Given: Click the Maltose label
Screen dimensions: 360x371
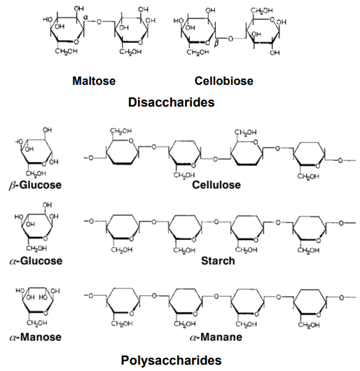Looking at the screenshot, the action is point(94,81).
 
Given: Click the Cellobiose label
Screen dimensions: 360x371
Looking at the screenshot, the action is point(223,81).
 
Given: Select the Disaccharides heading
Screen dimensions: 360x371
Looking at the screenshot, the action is point(172,102).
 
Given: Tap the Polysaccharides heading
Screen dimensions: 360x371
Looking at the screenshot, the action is point(172,360).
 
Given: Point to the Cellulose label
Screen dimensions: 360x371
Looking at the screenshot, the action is point(216,184).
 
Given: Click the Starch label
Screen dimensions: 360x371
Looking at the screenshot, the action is point(218,261).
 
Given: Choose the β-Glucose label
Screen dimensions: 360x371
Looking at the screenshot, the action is point(35,185).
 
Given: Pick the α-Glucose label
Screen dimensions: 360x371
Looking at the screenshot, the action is point(36,261).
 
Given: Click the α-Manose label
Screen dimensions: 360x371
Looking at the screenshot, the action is point(36,337).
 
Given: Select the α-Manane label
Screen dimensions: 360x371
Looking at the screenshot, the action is point(216,337).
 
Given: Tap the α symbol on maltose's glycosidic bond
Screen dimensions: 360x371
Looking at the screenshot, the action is point(85,17).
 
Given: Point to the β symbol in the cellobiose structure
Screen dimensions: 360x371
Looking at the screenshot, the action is point(216,43).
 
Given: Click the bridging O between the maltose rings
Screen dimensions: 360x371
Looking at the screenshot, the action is point(99,22).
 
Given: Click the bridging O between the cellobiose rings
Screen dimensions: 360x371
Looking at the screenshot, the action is point(230,39).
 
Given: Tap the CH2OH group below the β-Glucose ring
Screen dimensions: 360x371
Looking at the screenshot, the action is point(36,174).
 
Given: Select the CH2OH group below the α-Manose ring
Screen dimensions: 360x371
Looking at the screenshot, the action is point(37,323).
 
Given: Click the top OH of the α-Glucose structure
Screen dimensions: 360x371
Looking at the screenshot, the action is point(47,205).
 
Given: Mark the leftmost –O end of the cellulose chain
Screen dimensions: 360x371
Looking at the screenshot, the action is point(89,158).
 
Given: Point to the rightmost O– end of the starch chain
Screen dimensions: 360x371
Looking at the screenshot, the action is point(347,223).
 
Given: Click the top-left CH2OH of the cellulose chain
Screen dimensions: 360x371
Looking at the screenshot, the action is point(121,131).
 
